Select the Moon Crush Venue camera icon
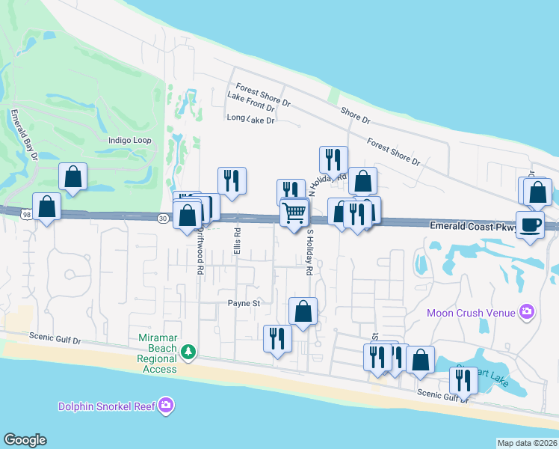click(527, 311)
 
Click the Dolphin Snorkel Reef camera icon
click(166, 406)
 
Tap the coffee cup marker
click(531, 224)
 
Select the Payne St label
click(244, 304)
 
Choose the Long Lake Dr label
click(251, 119)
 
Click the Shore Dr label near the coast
click(355, 114)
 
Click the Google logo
click(25, 440)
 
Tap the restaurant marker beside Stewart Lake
click(463, 381)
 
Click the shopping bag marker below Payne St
click(303, 311)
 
